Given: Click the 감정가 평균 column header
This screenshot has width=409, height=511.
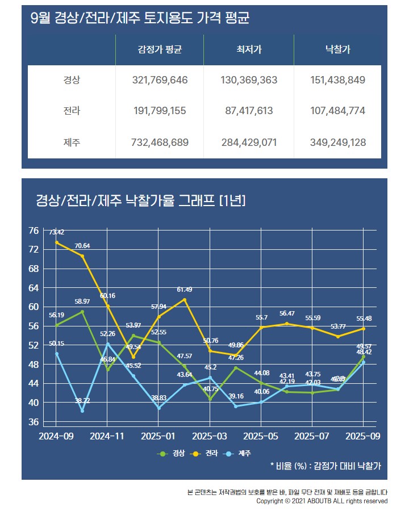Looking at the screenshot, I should click(160, 50).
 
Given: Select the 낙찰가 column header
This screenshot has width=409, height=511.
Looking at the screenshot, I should click(338, 50).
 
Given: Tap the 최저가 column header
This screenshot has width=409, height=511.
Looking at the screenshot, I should click(249, 50).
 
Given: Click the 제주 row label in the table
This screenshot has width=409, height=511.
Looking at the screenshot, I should click(72, 142).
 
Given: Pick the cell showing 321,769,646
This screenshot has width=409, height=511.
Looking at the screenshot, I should click(160, 80).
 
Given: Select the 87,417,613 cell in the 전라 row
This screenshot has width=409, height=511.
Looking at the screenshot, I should click(249, 111).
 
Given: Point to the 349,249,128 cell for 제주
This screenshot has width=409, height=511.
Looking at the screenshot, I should click(338, 142).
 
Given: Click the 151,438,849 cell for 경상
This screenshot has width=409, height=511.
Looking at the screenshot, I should click(338, 80).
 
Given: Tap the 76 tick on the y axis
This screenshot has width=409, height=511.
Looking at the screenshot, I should click(34, 231).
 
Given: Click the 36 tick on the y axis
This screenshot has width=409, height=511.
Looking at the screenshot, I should click(34, 422).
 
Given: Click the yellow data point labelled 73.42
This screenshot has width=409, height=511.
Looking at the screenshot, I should click(56, 242).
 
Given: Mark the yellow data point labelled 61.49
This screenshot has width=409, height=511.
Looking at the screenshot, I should click(184, 299).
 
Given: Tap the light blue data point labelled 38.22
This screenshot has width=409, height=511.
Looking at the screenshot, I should click(82, 411).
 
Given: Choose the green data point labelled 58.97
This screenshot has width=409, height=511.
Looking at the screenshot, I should click(82, 312).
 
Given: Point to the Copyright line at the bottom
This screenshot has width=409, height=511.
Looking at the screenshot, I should click(322, 501).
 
